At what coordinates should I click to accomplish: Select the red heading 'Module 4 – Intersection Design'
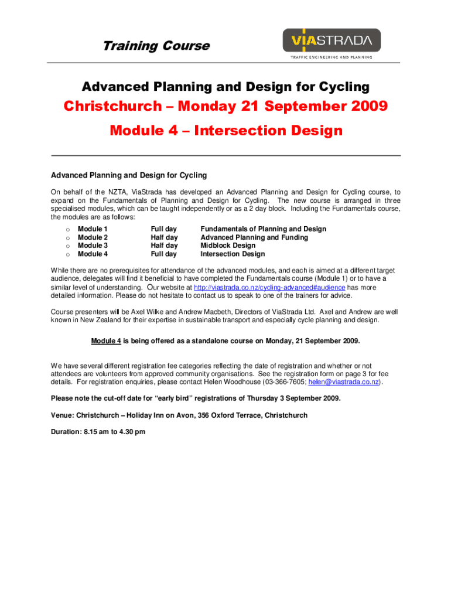coord(225,130)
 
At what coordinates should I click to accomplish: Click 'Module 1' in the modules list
coord(93,229)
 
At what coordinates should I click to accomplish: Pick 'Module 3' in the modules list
coord(93,246)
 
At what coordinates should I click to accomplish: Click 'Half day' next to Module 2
coord(164,237)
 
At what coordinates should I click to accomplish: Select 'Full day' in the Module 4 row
coord(163,254)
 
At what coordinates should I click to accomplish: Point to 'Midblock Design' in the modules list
coord(228,246)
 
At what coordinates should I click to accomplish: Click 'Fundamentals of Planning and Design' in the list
coord(263,229)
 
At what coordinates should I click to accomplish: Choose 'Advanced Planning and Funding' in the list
coord(254,237)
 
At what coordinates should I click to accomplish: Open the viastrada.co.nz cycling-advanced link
coord(269,288)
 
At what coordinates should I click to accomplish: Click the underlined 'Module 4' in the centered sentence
coord(105,341)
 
